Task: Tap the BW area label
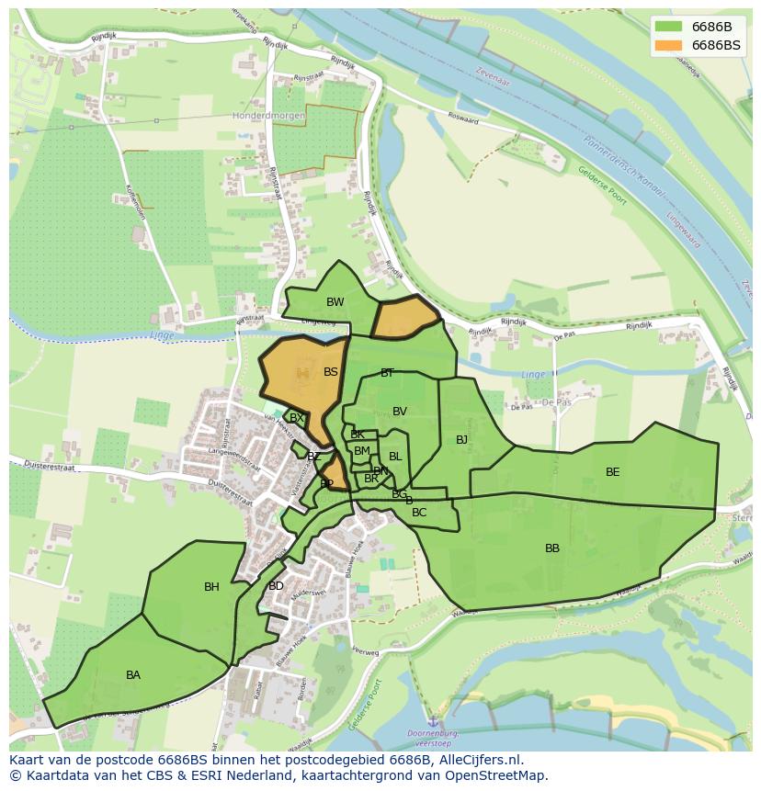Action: coord(335,302)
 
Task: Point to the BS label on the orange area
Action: coord(331,372)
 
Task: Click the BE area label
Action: coord(612,472)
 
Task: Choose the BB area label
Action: coord(551,548)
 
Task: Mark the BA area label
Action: coord(133,675)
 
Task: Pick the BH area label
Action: coord(211,587)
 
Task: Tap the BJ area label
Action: coord(461,440)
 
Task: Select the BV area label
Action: coord(399,412)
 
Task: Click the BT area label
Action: coord(387,373)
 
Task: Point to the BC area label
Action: coord(419,513)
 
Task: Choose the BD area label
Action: coord(276,586)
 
